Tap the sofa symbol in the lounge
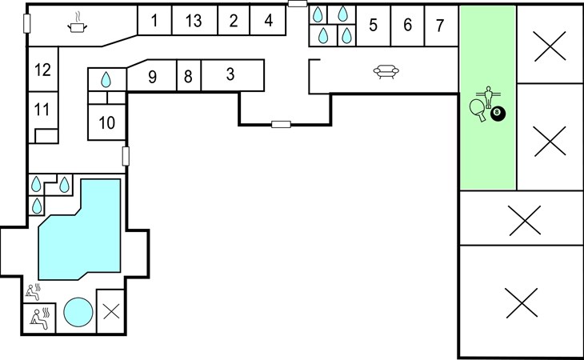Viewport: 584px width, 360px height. click(386, 71)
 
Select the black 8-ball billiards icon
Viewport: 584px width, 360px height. click(498, 113)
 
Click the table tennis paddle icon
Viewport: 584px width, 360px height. click(478, 110)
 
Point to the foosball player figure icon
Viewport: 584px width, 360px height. click(489, 97)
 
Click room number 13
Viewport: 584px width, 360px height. click(194, 21)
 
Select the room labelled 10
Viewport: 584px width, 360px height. click(107, 122)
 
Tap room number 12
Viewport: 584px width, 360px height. click(42, 70)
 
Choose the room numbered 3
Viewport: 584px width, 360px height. click(230, 74)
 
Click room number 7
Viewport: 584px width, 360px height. click(440, 26)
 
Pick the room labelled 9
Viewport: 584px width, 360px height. click(152, 77)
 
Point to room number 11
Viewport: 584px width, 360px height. click(42, 110)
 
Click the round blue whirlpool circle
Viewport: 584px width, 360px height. click(78, 312)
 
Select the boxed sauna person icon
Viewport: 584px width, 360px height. click(39, 318)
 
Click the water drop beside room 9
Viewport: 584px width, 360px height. click(106, 80)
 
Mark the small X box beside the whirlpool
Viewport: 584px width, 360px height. click(110, 311)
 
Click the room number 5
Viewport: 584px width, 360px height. click(373, 26)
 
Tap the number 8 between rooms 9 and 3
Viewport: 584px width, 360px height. click(188, 77)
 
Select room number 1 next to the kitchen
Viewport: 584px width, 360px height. click(154, 21)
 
